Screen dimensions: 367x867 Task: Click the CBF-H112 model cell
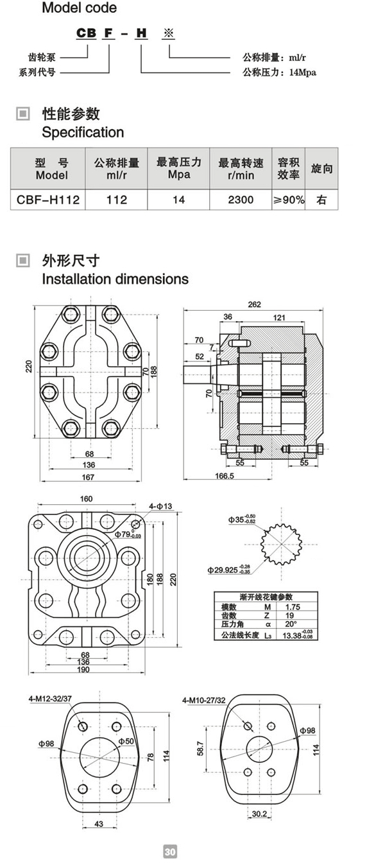coord(48,200)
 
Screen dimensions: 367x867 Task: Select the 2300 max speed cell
coord(241,200)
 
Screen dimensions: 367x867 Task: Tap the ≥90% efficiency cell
coord(289,200)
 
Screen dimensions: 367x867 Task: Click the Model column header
coord(52,169)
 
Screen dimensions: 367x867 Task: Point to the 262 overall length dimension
coord(254,304)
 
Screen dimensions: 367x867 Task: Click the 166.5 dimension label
coord(225,476)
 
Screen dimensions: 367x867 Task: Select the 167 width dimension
coord(88,477)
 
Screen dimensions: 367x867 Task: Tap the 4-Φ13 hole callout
coord(160,506)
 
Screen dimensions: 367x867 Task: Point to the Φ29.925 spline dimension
coord(229,570)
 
